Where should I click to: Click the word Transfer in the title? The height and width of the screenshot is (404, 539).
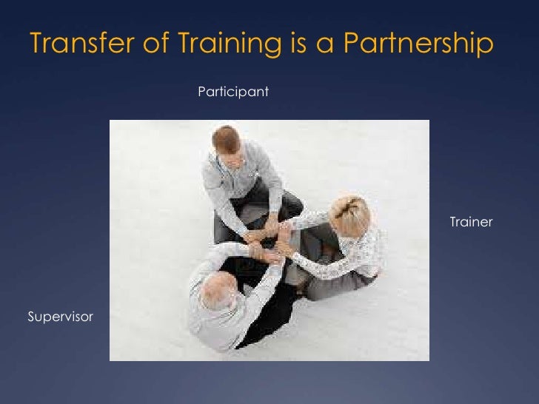point(75,44)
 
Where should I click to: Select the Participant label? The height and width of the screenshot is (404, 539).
point(232,92)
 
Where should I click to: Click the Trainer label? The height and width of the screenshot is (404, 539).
point(471,222)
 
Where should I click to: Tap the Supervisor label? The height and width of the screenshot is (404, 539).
point(61,317)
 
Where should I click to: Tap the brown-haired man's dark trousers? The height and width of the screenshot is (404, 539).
point(285,203)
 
